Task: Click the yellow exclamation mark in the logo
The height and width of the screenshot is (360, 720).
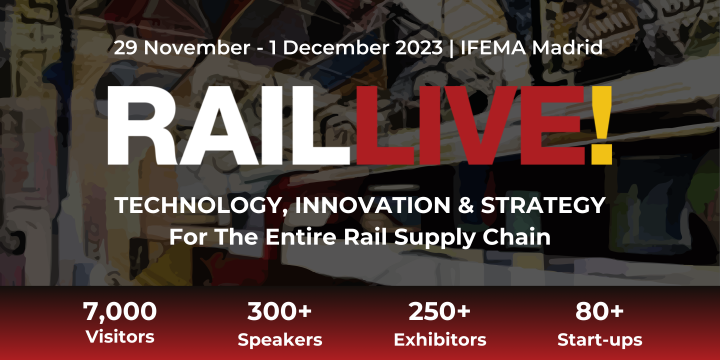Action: [x=600, y=125]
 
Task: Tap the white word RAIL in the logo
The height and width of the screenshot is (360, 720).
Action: [x=227, y=126]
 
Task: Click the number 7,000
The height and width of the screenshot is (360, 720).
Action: [x=120, y=311]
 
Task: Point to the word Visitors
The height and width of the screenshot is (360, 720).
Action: [x=120, y=336]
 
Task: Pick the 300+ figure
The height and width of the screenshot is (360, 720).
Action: [x=279, y=311]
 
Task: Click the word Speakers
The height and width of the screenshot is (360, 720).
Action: [x=279, y=340]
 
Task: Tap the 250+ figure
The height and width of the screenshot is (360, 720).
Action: [x=439, y=311]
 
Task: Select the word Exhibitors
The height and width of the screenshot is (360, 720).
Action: [x=439, y=340]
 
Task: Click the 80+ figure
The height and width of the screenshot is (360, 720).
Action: [x=599, y=311]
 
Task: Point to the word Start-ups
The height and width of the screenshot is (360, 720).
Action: [x=599, y=340]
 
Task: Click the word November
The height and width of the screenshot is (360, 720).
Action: [x=197, y=48]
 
